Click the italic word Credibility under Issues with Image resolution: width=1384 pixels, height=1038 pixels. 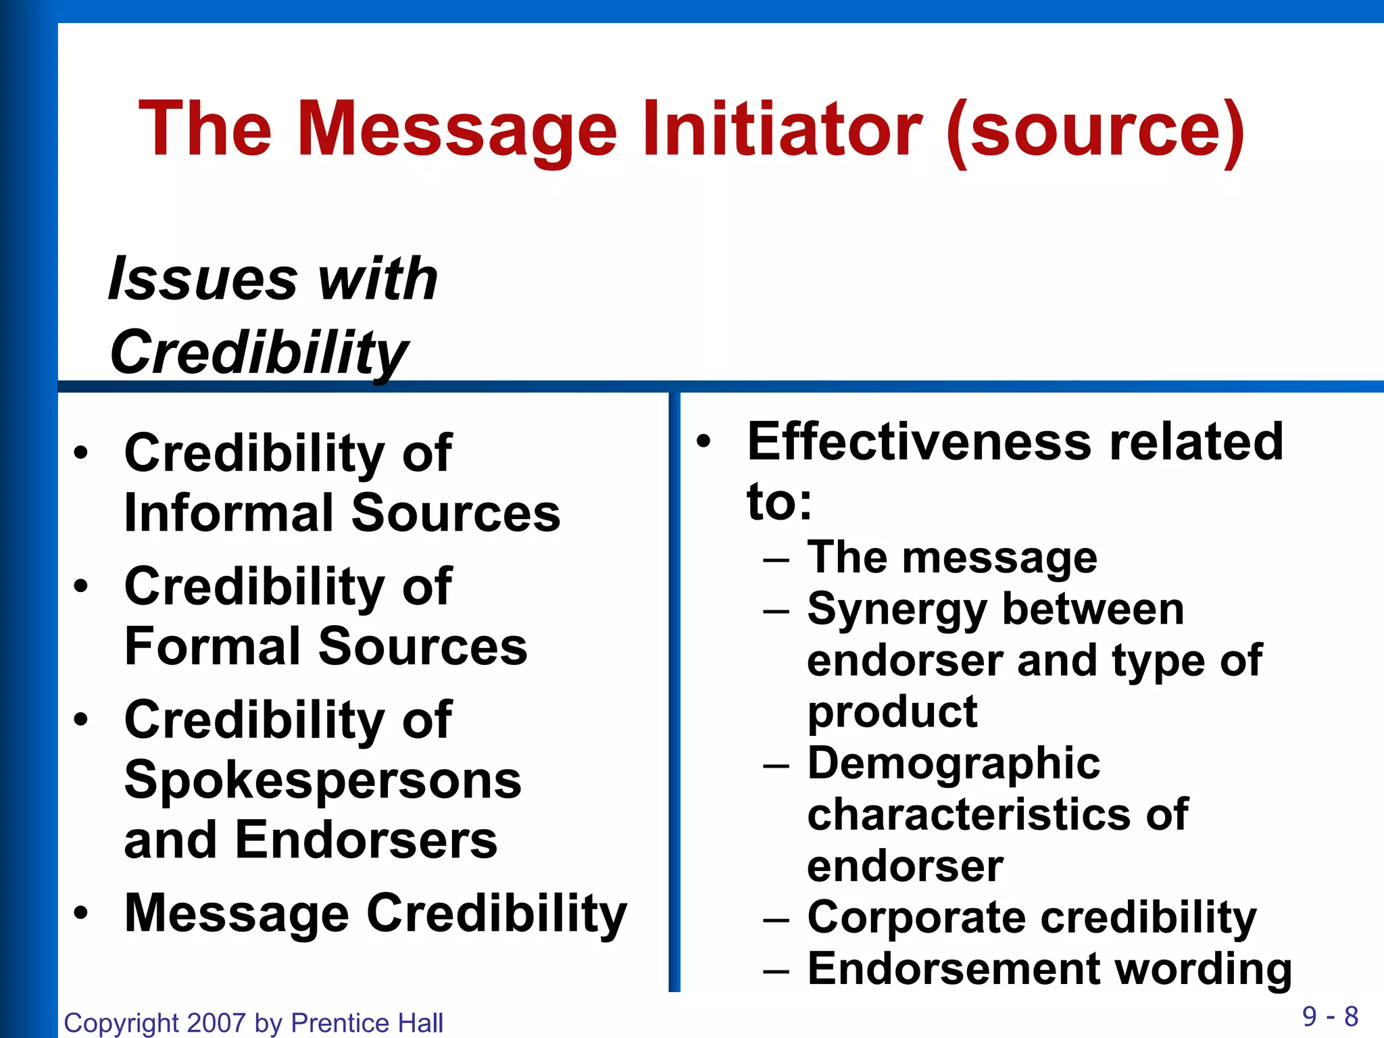(259, 353)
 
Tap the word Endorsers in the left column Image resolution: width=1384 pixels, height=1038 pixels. (366, 839)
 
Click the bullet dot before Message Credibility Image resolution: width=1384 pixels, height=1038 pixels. (81, 913)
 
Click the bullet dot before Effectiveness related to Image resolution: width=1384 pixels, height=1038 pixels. (704, 441)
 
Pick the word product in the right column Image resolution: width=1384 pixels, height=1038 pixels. (892, 712)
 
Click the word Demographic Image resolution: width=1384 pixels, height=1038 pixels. (954, 764)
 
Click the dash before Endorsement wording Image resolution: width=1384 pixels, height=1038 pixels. (776, 970)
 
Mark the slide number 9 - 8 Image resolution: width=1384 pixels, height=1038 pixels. (1330, 1016)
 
